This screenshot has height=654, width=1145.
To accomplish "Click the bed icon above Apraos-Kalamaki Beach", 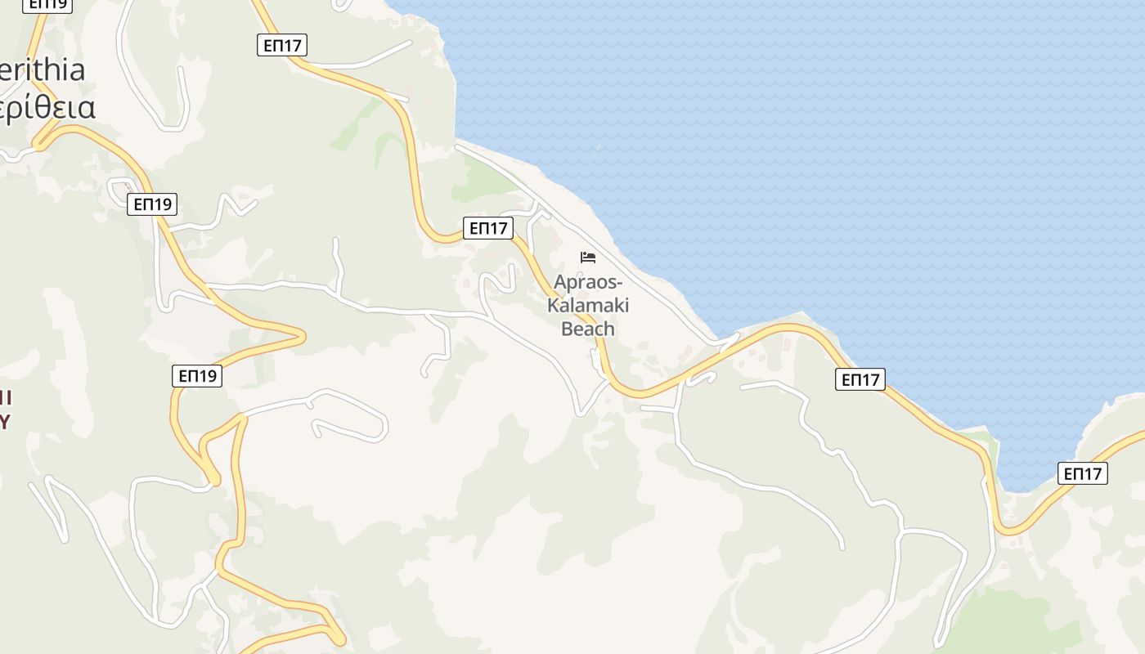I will pos(588,258).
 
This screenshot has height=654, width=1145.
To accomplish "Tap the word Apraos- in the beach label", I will pos(588,283).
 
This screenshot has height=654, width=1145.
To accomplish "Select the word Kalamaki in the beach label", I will pos(588,306).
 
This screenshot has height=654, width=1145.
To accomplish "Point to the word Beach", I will pos(588,329).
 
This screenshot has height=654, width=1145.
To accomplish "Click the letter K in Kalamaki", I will pos(553,306).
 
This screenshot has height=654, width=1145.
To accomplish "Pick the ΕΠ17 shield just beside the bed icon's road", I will pos(488,228).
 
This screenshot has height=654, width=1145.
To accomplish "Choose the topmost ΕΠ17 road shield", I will pos(282,45).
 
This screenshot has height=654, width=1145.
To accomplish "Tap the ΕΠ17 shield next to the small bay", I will pos(1082,473).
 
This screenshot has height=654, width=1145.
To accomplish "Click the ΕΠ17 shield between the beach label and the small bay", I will pos(860,379).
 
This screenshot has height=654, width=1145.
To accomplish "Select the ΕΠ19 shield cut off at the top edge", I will pos(47,4).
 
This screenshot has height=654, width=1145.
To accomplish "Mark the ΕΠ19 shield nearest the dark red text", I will pos(197,376).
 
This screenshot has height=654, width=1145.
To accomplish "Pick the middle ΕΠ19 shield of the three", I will pos(152,204).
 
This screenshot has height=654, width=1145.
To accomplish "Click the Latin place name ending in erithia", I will pos(43,70).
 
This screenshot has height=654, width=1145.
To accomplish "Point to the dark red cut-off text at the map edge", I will pos(5,410).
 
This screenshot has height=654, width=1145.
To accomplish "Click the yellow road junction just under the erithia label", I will pos(39,145).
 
